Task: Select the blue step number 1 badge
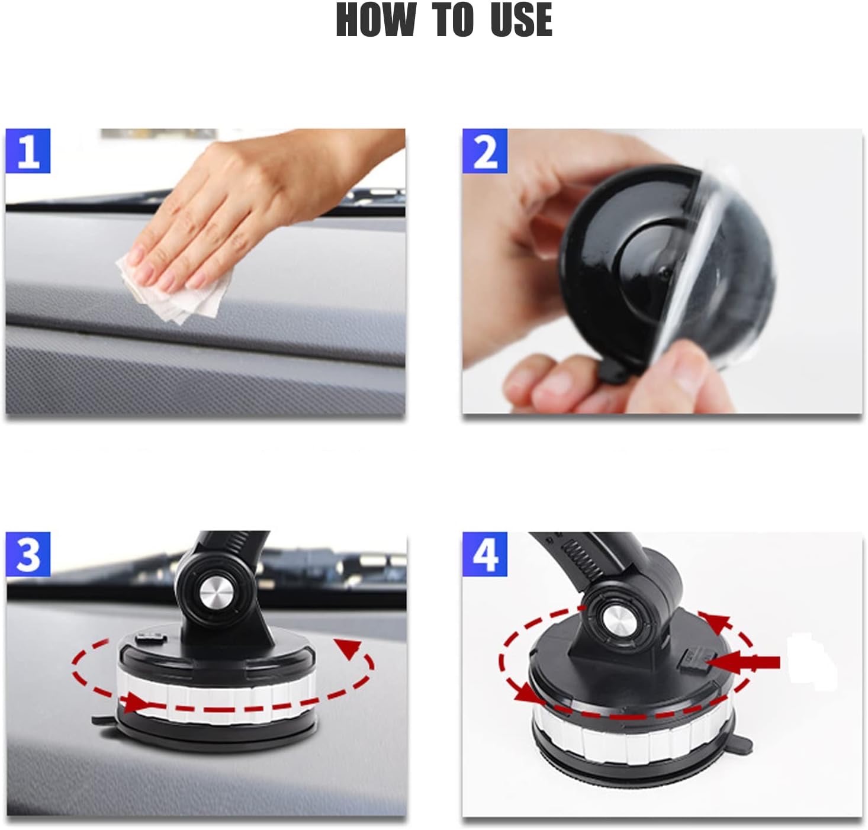coord(28,151)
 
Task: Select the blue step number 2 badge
coord(485,151)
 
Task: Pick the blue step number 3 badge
coord(28,554)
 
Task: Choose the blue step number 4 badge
coord(485,554)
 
